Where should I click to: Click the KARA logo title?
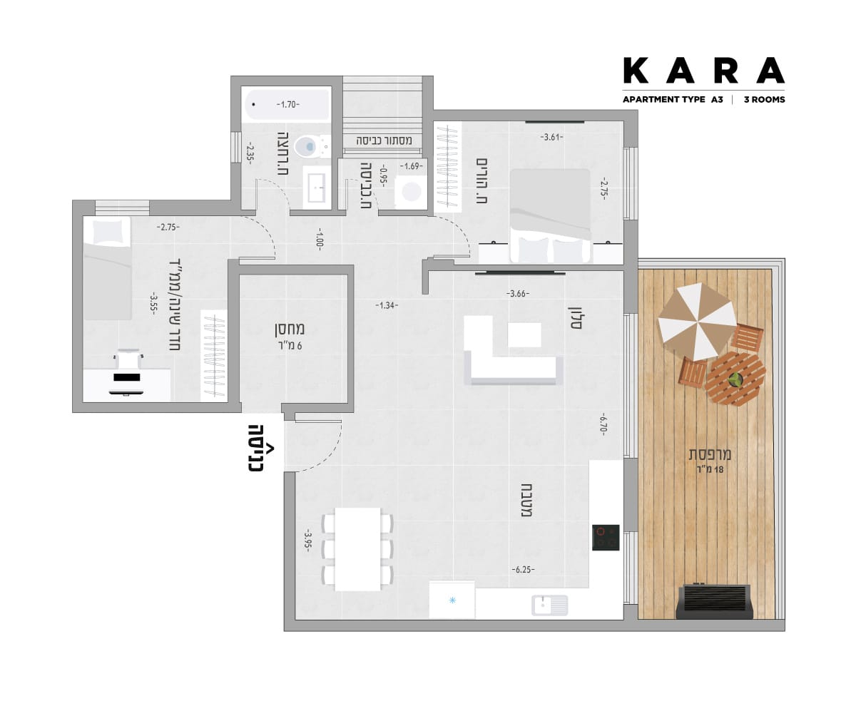point(703,70)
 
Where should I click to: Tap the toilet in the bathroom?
point(312,146)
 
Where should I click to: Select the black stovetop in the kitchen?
point(606,537)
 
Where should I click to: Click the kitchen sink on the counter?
point(550,605)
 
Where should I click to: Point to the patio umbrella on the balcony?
point(698,322)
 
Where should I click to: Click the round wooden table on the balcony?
point(735,379)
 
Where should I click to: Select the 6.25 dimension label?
point(523,570)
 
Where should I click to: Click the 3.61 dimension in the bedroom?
point(551,137)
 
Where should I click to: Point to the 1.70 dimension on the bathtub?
point(287,105)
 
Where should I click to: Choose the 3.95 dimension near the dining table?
point(308,540)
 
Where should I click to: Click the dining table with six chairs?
point(357,549)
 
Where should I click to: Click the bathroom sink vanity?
point(317,188)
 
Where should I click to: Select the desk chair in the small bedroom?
point(128,359)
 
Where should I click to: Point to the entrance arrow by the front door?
point(270,449)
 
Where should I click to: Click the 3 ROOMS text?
point(764,100)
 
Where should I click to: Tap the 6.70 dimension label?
point(602,424)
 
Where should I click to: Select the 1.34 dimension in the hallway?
point(387,305)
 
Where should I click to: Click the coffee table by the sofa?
point(524,334)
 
